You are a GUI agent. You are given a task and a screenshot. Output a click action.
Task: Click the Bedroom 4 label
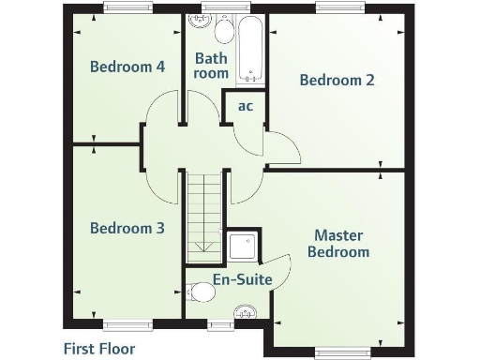127,67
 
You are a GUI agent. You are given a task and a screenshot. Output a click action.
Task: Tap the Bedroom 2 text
337,81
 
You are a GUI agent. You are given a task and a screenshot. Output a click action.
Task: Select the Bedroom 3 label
127,228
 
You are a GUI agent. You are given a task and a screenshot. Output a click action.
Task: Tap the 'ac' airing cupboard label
245,106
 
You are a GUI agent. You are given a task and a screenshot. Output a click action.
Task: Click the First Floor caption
99,349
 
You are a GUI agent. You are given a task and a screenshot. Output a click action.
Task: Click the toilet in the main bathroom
225,30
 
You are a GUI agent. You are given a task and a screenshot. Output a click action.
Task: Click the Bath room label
211,66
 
